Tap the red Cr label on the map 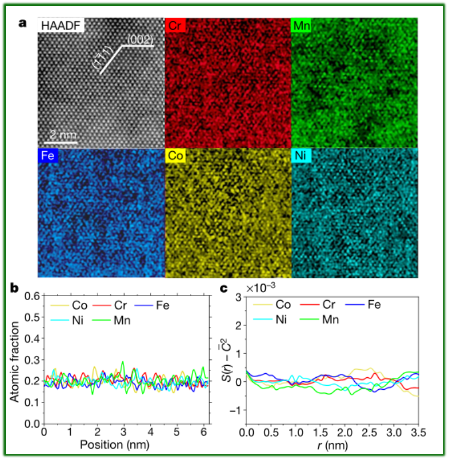pos(175,25)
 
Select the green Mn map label pos(303,25)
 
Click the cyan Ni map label pos(302,155)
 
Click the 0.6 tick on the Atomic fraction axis pos(32,296)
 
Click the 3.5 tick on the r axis pos(418,431)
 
